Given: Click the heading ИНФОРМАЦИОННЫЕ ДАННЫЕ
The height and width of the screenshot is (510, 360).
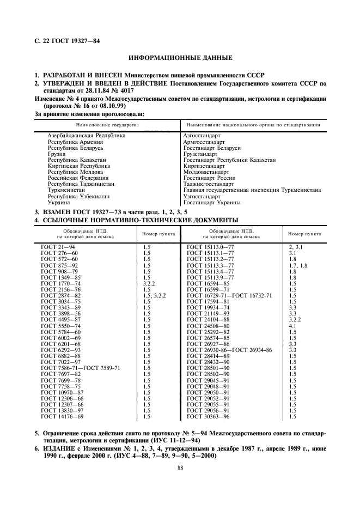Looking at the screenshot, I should point(180,57).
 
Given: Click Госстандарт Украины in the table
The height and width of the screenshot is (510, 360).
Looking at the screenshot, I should point(212,202).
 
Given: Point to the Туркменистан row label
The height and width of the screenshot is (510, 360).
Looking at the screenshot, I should point(66,190).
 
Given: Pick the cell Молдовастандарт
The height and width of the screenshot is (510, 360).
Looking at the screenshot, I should point(206,172).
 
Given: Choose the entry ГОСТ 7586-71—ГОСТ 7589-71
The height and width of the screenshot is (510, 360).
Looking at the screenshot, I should point(81,383).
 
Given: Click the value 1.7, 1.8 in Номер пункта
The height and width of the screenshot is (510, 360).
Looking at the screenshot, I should point(298,265).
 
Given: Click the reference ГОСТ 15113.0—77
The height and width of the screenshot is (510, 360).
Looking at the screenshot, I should point(210,247).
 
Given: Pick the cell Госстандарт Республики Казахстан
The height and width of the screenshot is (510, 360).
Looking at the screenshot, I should point(229,160).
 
